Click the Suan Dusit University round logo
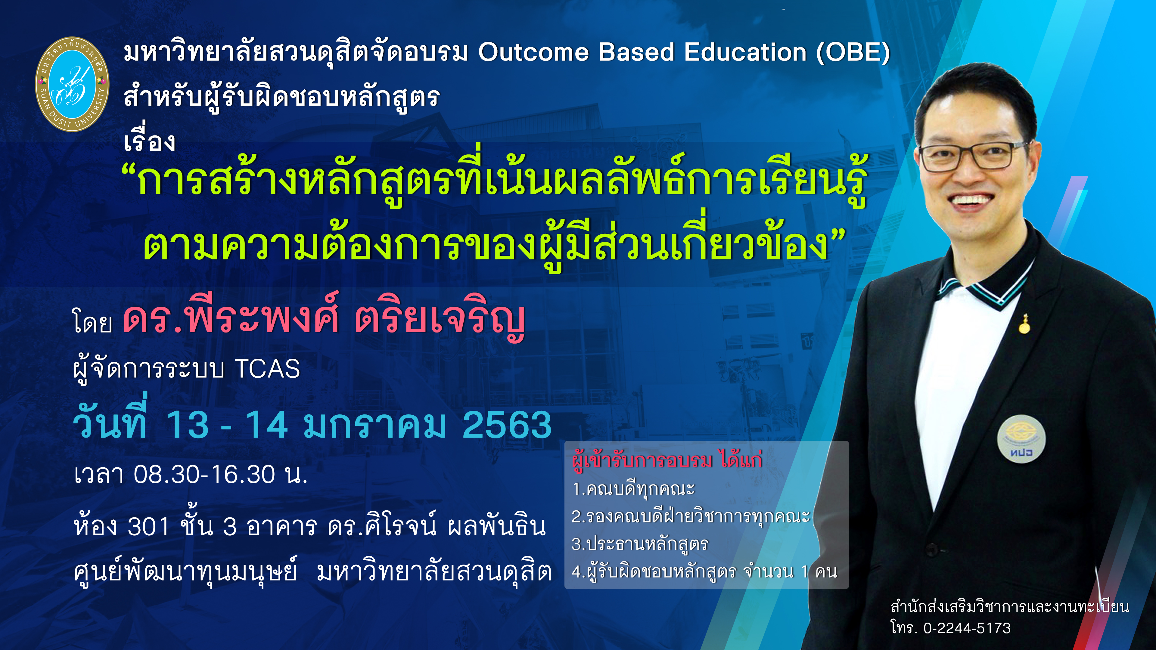click(x=72, y=84)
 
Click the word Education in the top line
click(x=745, y=52)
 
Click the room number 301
click(x=148, y=526)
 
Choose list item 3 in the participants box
click(x=639, y=544)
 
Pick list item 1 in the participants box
click(x=633, y=488)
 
